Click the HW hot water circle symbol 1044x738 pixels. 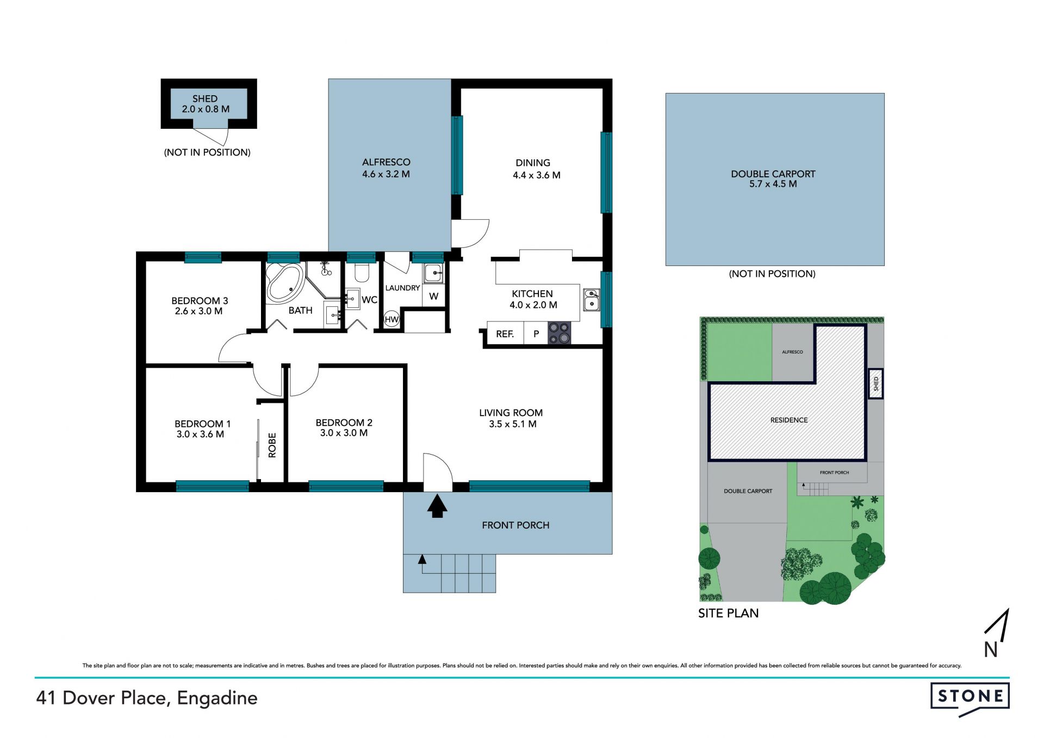tap(391, 319)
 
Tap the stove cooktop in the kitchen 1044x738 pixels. tap(559, 333)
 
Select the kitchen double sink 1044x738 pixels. tap(592, 300)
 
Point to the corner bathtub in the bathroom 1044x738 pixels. tap(285, 283)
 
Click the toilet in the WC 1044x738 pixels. tap(362, 271)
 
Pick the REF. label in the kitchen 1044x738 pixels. tap(505, 334)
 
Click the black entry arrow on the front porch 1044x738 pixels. tap(437, 505)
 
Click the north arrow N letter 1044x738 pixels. tap(991, 649)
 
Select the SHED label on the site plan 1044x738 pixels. tap(875, 384)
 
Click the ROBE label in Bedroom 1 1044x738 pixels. tap(272, 445)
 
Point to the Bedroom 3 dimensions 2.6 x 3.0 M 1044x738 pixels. tap(198, 311)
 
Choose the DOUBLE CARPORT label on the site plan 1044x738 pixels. tap(748, 491)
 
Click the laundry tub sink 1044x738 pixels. tap(433, 273)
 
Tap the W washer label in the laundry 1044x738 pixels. tap(433, 296)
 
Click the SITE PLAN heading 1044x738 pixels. tap(728, 613)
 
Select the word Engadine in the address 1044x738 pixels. tap(217, 698)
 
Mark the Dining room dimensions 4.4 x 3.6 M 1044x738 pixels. tap(536, 175)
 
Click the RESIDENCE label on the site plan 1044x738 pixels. tap(788, 420)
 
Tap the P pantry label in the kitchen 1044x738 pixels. tap(536, 334)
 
